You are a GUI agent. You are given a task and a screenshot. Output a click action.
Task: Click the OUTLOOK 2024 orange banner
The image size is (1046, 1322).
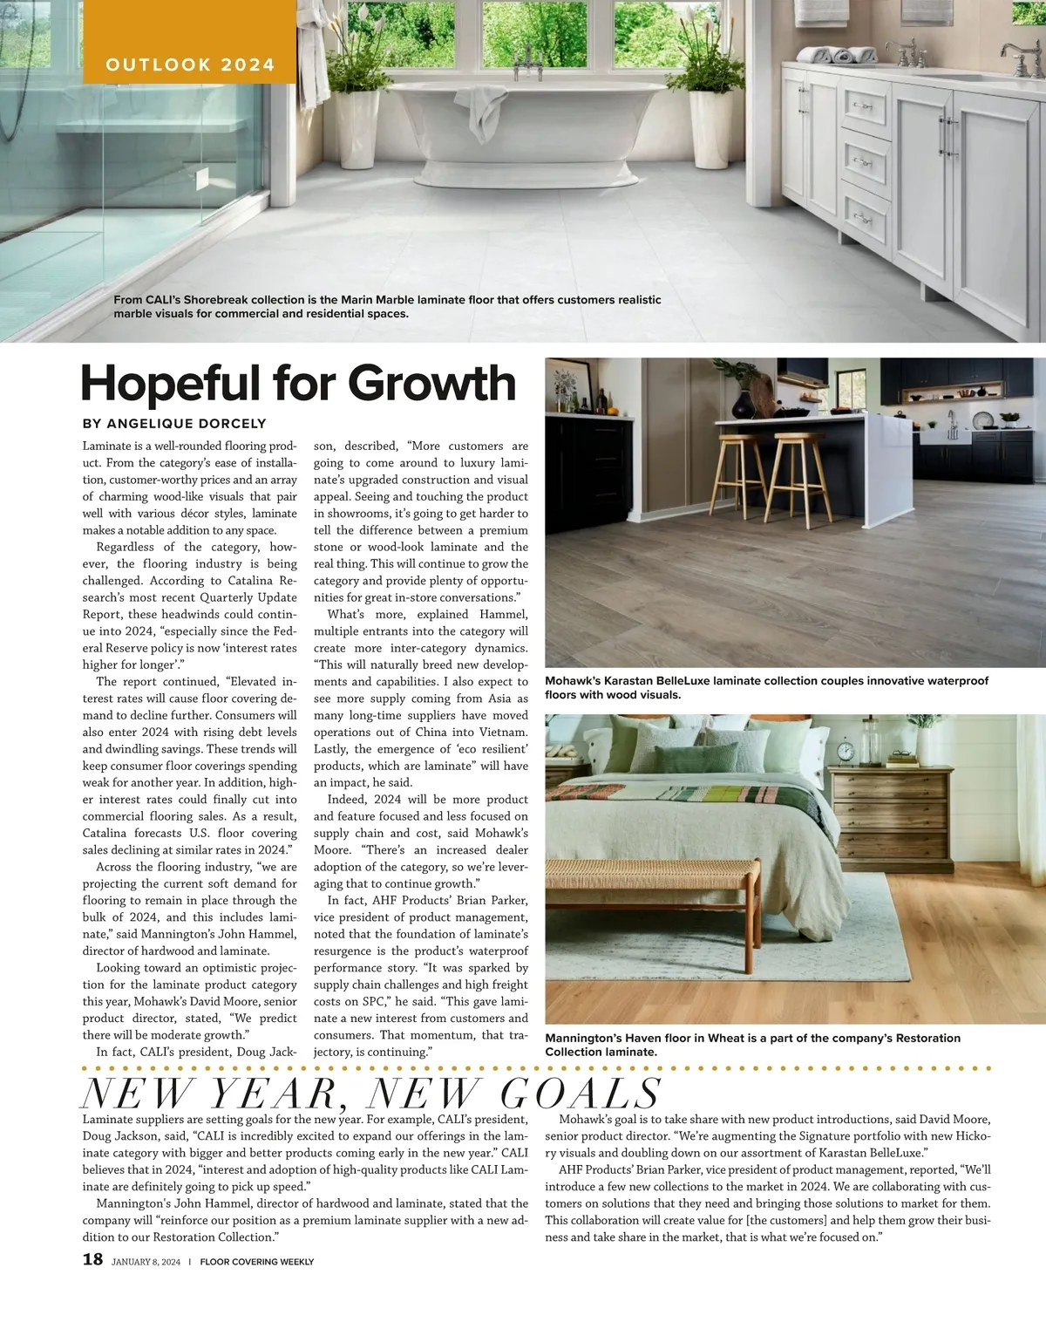point(189,65)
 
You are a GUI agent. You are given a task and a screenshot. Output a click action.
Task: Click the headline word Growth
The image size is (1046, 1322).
point(432,383)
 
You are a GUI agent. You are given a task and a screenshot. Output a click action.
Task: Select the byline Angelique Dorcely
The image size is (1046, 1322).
point(174,424)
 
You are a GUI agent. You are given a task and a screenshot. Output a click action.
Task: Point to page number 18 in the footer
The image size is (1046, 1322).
point(92,1259)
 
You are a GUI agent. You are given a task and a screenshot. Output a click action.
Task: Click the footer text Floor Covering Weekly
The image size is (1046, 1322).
point(257,1262)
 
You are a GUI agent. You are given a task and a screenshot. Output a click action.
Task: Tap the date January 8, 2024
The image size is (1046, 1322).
point(146,1262)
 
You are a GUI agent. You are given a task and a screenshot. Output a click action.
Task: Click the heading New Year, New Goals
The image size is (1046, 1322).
point(371,1094)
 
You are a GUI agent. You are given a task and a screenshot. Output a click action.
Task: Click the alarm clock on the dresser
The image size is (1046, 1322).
point(845,751)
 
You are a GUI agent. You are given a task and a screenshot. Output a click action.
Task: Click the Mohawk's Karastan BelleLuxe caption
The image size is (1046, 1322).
point(767,687)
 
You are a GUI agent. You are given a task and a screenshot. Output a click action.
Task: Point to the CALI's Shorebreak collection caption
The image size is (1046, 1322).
point(387,306)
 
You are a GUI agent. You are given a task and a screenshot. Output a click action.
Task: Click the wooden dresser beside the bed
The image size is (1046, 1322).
point(889,820)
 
